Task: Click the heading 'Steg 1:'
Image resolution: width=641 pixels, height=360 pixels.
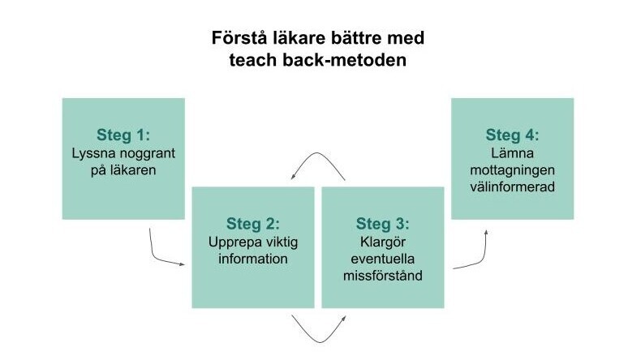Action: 123,135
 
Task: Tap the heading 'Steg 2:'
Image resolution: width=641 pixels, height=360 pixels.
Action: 253,224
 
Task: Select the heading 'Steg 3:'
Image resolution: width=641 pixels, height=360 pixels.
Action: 383,224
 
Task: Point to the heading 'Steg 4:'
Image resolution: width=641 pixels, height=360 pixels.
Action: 512,135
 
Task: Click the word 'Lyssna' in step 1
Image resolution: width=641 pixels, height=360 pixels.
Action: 92,153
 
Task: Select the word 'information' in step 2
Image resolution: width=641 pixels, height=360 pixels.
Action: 253,259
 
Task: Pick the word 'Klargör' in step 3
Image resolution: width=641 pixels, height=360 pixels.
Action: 383,242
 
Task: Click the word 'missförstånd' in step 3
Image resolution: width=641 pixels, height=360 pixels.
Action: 383,276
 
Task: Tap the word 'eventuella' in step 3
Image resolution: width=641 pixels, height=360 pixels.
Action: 383,259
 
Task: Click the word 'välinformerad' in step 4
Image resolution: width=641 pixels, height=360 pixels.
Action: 512,186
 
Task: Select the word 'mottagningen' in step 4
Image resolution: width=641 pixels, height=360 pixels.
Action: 512,171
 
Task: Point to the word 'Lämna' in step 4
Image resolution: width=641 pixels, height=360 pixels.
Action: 512,153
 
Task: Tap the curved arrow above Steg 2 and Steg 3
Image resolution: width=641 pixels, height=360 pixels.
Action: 317,152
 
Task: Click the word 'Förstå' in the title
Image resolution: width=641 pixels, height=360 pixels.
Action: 238,38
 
